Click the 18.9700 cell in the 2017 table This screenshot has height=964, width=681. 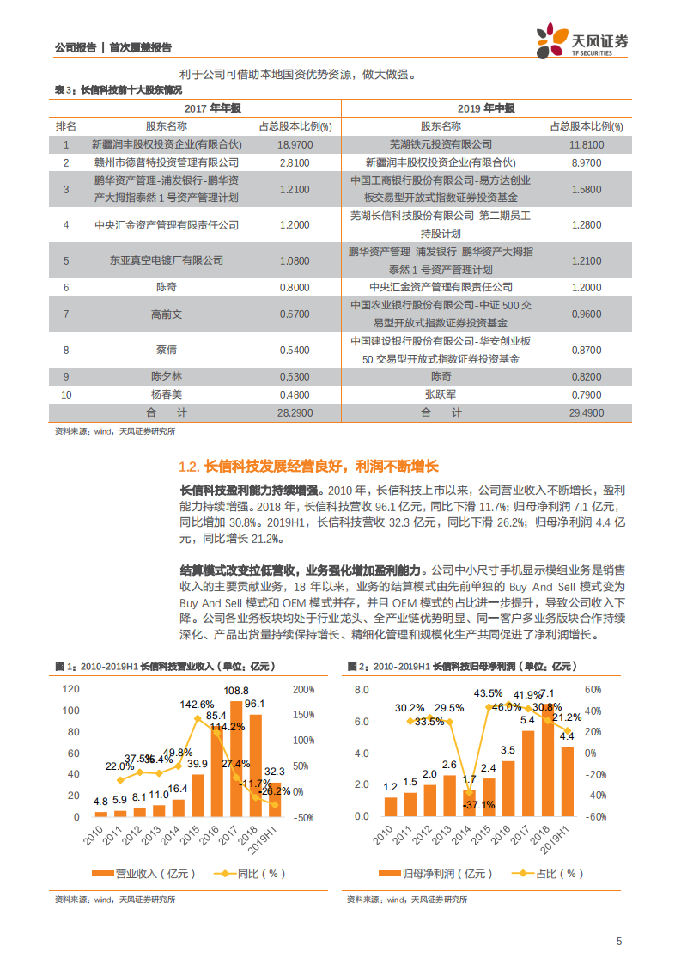pyautogui.click(x=294, y=145)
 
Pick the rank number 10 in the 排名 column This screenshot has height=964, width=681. pyautogui.click(x=66, y=394)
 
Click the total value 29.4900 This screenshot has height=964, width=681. pyautogui.click(x=586, y=413)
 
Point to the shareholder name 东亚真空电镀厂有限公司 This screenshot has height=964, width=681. pyautogui.click(x=167, y=259)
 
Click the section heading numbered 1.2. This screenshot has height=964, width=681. pyautogui.click(x=308, y=467)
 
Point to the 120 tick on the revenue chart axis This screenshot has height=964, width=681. pyautogui.click(x=71, y=666)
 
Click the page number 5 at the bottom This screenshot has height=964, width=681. pyautogui.click(x=618, y=941)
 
